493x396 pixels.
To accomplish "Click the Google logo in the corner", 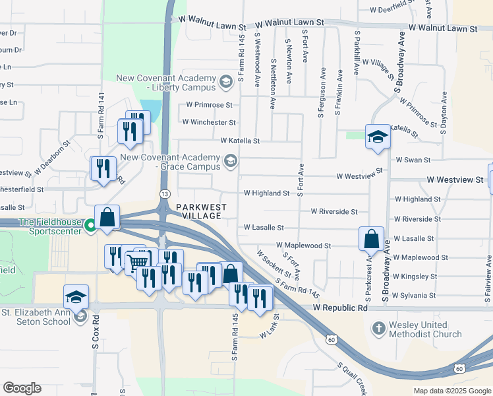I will (x=22, y=388).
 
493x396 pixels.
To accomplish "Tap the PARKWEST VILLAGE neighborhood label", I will (x=201, y=211).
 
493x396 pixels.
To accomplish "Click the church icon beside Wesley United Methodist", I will (x=379, y=327).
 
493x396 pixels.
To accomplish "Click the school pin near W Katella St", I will (x=378, y=137).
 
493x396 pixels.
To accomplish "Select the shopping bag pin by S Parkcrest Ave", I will (x=371, y=238).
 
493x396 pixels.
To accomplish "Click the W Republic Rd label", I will (x=340, y=308).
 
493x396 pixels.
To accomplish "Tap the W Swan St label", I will (x=413, y=160).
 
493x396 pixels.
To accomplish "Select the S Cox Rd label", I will (x=96, y=337).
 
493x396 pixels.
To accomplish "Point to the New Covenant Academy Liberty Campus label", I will (x=166, y=82).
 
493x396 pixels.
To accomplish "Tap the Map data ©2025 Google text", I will (x=451, y=391).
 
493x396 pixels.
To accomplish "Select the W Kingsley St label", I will (x=415, y=277).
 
